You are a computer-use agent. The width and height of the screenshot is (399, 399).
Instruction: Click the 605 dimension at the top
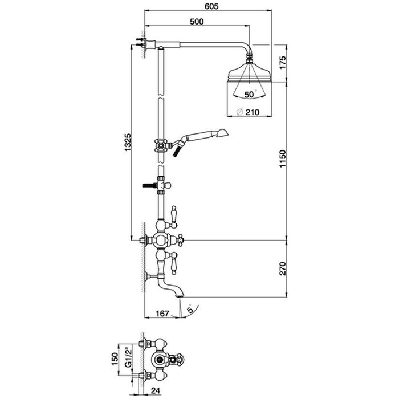pos(211,6)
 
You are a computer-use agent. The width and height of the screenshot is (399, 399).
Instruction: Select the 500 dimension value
pos(197,22)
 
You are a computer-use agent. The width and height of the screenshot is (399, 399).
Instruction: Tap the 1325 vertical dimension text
pos(128,142)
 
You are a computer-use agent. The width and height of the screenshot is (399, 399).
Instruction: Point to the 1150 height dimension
pos(283,159)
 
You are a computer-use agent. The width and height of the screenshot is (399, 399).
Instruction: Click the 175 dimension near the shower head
pos(283,62)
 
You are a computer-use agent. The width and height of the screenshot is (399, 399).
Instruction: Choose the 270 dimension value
pos(283,268)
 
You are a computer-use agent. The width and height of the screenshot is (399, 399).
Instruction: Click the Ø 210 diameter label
pos(248,112)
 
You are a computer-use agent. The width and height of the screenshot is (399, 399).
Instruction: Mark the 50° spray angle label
pos(250,94)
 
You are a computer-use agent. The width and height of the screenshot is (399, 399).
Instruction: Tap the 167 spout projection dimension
pos(162,313)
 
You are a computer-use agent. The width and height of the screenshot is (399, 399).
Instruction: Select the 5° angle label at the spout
pos(190,309)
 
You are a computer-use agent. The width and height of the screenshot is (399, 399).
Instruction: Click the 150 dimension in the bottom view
pos(115,359)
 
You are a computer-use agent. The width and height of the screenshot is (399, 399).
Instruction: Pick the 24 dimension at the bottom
pos(155,390)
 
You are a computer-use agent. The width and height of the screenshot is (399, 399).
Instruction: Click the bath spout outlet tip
pos(180,296)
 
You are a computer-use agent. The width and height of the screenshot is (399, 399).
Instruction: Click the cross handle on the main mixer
pos(180,240)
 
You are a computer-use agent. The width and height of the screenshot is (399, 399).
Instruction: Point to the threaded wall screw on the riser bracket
pos(149,185)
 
